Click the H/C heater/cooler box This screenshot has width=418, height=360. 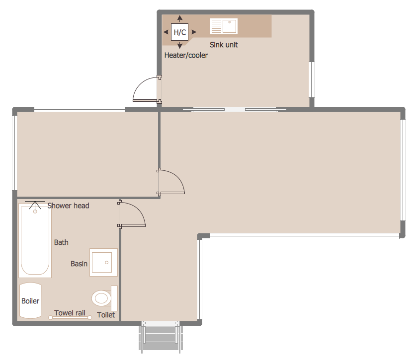point(179,32)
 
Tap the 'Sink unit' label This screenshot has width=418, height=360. point(224,45)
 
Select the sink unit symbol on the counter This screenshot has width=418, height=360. point(223,26)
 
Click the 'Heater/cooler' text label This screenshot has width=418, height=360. point(186,55)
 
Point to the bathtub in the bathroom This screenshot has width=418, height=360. point(35,240)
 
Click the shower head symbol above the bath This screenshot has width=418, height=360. point(35,206)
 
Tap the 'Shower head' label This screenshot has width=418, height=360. point(68,206)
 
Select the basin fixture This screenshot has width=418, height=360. point(103,262)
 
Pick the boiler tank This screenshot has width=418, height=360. point(30,300)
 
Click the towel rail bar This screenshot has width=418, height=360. point(70,317)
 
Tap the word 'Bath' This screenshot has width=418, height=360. point(61,242)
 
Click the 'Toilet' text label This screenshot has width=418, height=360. point(106,315)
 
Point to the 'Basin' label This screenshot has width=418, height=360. point(79,264)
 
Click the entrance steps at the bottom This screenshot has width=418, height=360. point(161,337)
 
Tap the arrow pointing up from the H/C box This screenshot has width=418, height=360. point(180,19)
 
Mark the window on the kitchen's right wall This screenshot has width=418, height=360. point(311,79)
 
